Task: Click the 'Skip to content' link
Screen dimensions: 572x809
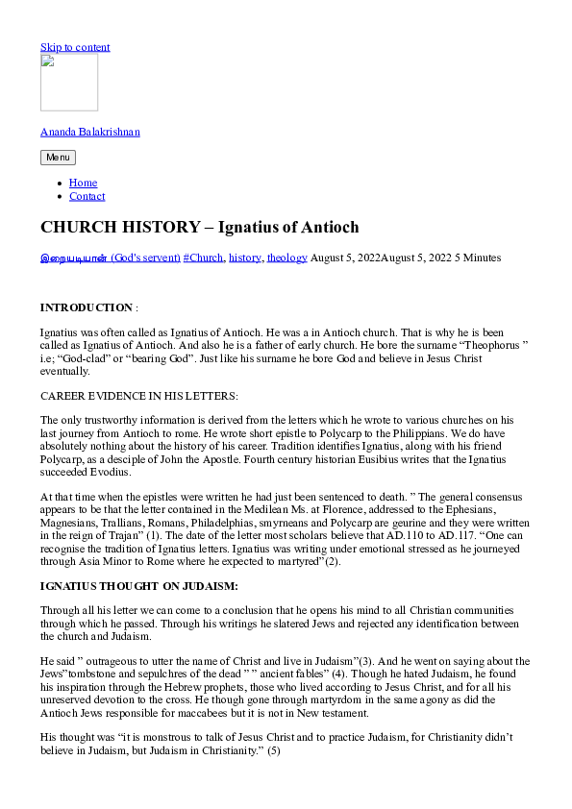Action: pos(75,47)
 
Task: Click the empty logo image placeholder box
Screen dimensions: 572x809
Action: pos(69,83)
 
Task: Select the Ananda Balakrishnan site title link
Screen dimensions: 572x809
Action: pos(89,132)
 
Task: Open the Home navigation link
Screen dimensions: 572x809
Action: pos(83,183)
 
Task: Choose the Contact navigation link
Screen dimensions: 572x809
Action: pos(87,196)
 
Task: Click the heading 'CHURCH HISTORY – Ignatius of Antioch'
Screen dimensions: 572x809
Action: pos(199,228)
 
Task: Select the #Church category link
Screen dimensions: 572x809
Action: pos(204,257)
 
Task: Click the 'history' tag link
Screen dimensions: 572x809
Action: pos(245,257)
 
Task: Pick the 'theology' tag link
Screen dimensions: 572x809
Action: pos(287,257)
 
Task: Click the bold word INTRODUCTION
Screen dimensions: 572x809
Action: pos(86,307)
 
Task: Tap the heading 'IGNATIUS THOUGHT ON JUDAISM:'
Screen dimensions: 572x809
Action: pos(138,585)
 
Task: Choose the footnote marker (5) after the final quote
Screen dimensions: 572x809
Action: pos(274,749)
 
